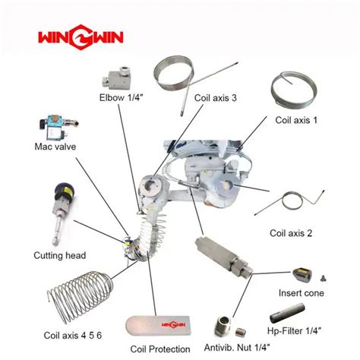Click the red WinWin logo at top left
coord(81,37)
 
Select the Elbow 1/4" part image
coord(117,78)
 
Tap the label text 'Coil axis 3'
coord(216,98)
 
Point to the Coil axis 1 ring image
coord(294,90)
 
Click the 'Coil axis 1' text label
coord(296,120)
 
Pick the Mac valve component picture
coord(58,128)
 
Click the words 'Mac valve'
coord(55,147)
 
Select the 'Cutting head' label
coord(60,255)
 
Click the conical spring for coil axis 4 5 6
coord(81,296)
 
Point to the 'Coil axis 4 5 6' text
coord(73,336)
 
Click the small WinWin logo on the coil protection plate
coord(173,325)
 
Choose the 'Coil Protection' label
coord(160,349)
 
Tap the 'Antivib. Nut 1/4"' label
coord(237,348)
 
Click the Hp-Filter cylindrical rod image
coord(287,313)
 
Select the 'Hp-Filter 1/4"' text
coord(294,330)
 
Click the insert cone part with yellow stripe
coord(302,274)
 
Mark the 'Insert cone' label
coord(302,293)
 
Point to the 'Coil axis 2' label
coord(291,233)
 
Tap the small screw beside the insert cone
coord(324,279)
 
